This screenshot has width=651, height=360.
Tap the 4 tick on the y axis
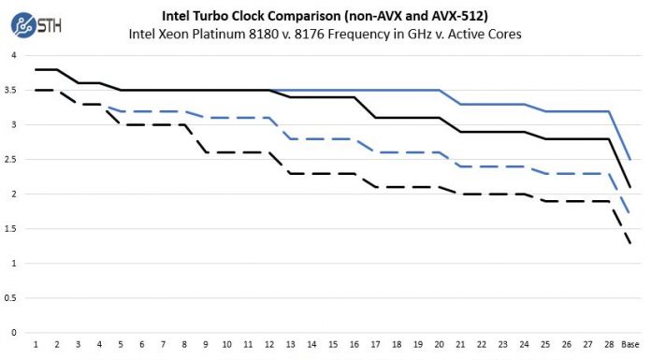(13, 55)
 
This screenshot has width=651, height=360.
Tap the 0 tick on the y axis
(13, 332)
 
